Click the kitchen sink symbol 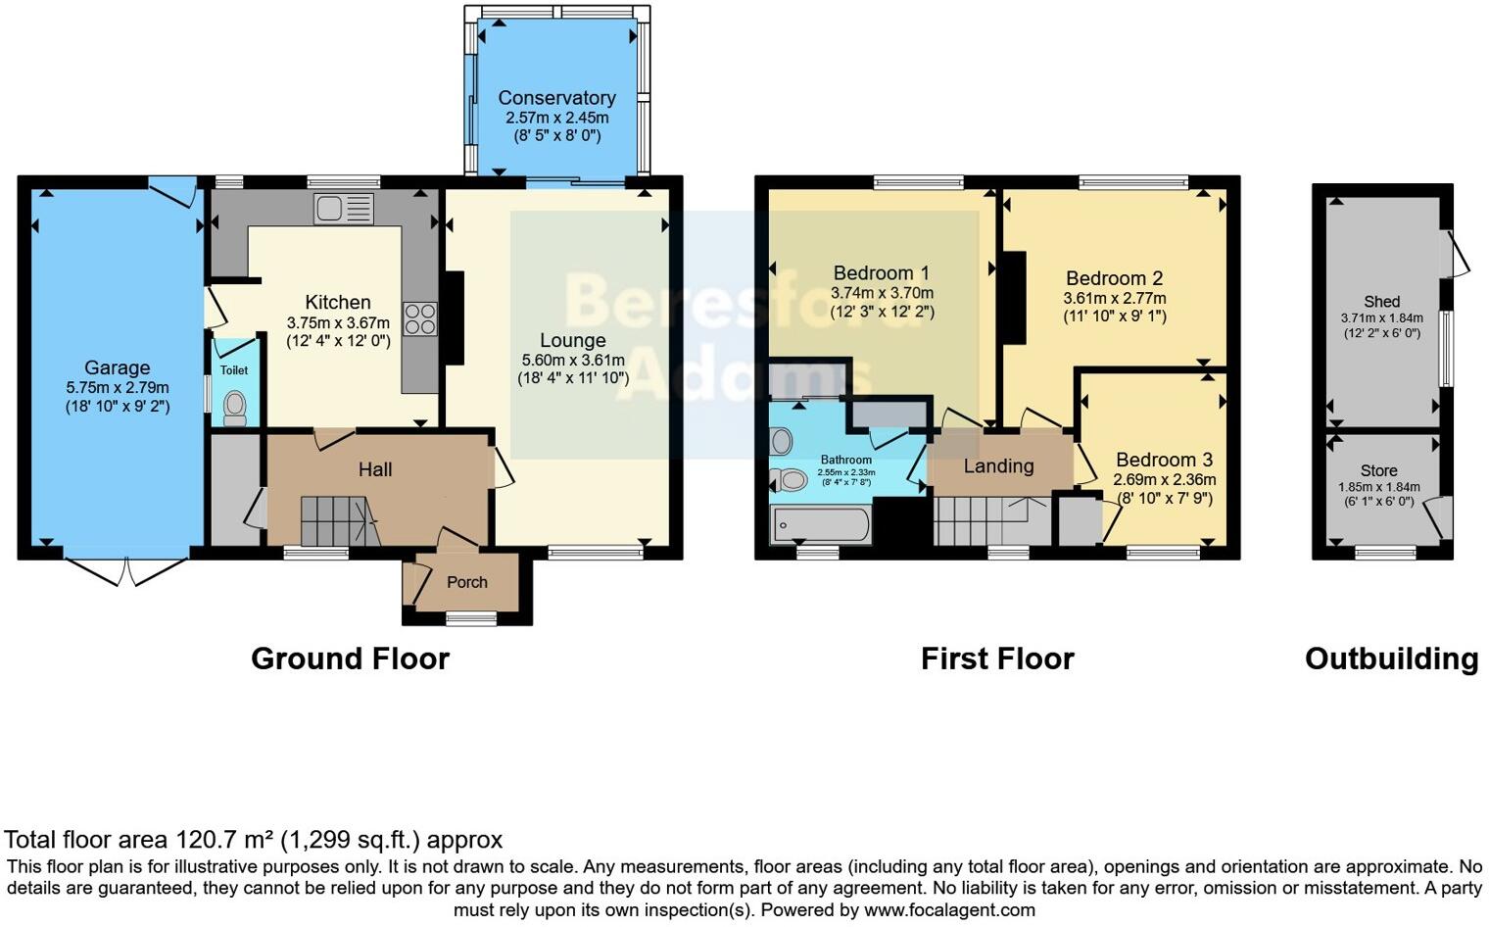[x=343, y=208]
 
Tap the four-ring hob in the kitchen [x=419, y=319]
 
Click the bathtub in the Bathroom [x=820, y=524]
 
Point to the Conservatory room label [x=556, y=98]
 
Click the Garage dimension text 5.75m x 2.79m [x=118, y=388]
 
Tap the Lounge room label [x=573, y=340]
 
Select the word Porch [x=467, y=582]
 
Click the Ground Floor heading [x=350, y=659]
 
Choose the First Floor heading [x=997, y=659]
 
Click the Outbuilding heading [x=1391, y=659]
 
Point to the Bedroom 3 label [x=1164, y=460]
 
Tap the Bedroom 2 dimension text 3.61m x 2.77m [x=1115, y=299]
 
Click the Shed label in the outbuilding [x=1381, y=302]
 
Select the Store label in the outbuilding [x=1378, y=470]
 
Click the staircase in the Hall [x=333, y=520]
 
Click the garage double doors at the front [x=127, y=571]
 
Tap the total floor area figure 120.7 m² [x=225, y=840]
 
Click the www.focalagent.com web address [x=949, y=909]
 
